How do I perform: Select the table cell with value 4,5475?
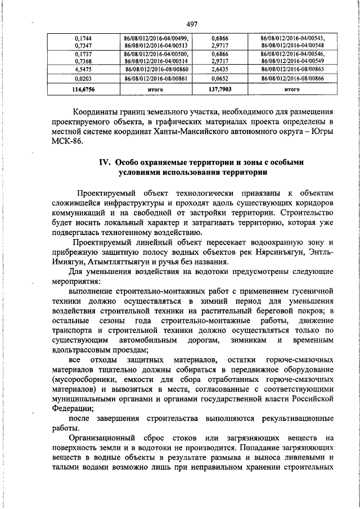[x=83, y=68]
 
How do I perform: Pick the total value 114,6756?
[x=83, y=89]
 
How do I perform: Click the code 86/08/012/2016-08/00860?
[x=151, y=68]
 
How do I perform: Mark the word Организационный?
[x=105, y=439]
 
